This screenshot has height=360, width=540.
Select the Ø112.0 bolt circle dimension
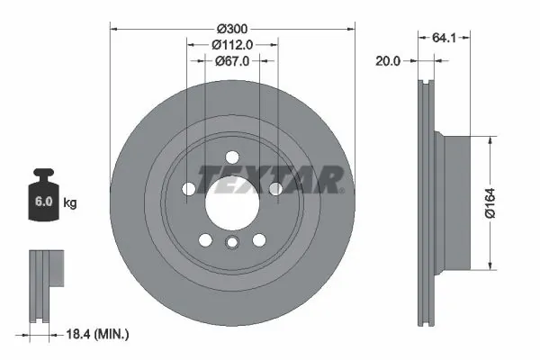click(232, 43)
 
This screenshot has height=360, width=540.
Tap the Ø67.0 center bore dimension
click(232, 61)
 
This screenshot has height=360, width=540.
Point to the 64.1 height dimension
click(441, 38)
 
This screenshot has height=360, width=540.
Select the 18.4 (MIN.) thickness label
click(98, 335)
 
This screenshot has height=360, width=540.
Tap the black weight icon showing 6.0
click(44, 201)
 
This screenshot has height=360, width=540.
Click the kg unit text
click(70, 203)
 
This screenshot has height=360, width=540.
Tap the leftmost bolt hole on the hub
click(189, 187)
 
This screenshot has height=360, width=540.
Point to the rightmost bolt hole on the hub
click(275, 187)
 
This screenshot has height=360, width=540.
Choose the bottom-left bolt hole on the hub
click(206, 239)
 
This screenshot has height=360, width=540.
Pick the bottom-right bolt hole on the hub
click(259, 239)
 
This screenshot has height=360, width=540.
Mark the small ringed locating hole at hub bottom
click(232, 243)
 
